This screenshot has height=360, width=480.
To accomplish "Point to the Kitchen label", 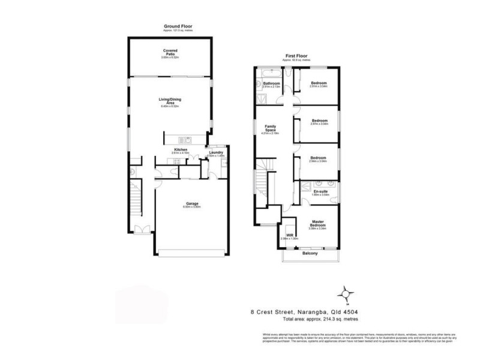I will click(181, 149).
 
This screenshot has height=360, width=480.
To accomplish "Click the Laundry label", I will click(216, 152).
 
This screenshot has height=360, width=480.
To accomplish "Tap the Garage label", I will click(192, 204).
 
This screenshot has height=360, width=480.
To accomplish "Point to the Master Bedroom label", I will click(318, 223).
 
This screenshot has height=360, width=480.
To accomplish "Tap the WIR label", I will click(289, 235).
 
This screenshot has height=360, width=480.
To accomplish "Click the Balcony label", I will click(310, 254).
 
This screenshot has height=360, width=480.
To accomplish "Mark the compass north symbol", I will click(345, 293).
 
